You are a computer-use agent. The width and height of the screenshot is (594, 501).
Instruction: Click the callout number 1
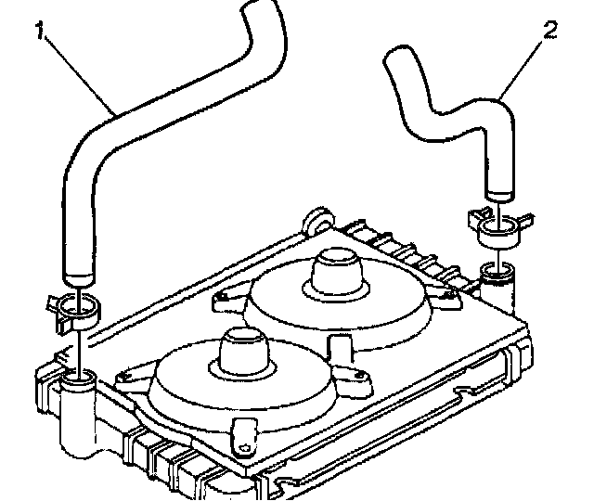pyautogui.click(x=42, y=31)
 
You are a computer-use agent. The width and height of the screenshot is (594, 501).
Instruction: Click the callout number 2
pyautogui.click(x=550, y=31)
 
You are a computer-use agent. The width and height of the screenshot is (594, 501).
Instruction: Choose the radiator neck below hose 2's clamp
pyautogui.click(x=499, y=275)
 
